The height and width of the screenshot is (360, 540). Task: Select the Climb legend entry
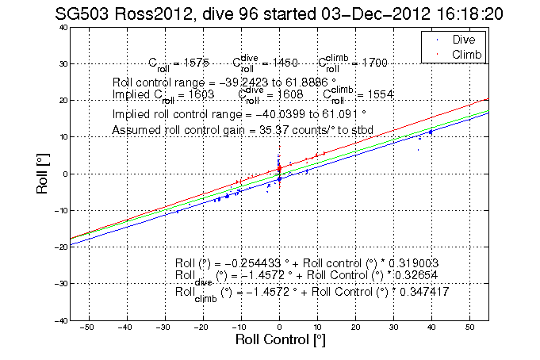coord(467,54)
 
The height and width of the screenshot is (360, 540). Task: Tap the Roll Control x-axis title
coord(280,340)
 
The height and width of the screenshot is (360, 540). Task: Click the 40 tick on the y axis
coord(62,27)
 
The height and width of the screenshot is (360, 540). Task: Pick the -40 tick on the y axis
coord(59,320)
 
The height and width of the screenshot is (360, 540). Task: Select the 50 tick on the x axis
coord(469,327)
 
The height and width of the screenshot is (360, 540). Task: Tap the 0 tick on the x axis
coord(279,327)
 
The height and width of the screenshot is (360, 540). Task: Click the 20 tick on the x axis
coord(355,327)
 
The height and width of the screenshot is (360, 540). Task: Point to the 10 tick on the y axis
coord(62,137)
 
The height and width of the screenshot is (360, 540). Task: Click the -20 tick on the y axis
coord(59,247)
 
